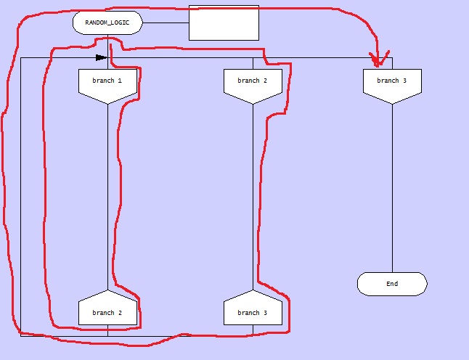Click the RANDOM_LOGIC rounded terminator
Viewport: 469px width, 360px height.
coord(107,22)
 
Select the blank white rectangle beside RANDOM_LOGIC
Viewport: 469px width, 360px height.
coord(224,22)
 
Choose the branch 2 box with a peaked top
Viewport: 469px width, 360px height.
coord(107,310)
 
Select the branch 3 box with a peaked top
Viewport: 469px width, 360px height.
coord(253,310)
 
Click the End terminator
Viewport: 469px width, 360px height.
coord(392,284)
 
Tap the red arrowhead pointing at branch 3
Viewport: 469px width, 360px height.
coord(377,59)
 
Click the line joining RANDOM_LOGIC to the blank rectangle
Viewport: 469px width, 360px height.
coord(166,22)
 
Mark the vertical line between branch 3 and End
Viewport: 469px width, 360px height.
coord(392,189)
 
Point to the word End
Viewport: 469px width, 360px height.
coord(392,284)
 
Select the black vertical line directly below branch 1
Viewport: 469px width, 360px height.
coord(107,196)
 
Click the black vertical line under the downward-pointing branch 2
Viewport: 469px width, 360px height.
coord(253,196)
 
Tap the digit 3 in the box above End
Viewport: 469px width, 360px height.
coord(404,81)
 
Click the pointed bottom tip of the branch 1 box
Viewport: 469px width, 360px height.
coord(107,105)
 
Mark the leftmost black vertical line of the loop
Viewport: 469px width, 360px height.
coord(21,196)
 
